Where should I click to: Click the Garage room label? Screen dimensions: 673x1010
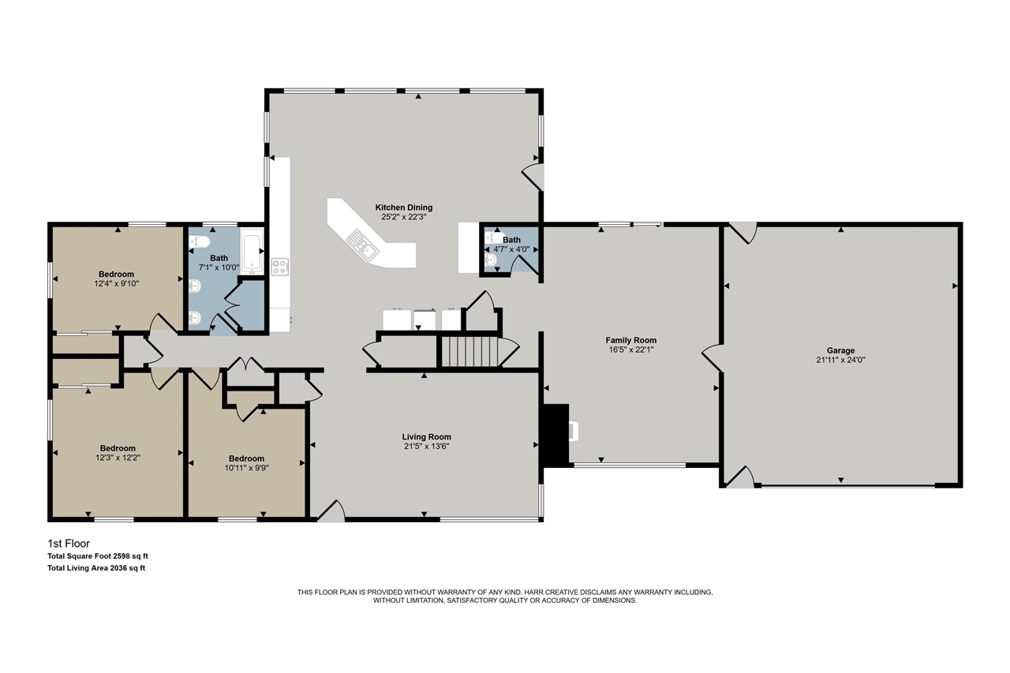840,350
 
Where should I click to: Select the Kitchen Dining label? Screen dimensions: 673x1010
403,208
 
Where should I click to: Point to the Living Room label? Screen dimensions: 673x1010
426,436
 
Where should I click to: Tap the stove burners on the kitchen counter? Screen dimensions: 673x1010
280,267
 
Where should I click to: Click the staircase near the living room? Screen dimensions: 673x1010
469,351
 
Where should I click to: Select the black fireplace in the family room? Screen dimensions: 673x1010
557,435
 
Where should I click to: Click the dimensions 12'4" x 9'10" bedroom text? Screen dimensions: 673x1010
116,284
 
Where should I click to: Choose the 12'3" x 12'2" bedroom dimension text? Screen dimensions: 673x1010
117,457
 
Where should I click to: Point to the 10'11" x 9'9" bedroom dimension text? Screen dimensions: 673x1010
246,467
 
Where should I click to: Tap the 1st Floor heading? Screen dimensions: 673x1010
69,544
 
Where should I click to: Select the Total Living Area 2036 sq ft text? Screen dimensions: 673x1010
96,567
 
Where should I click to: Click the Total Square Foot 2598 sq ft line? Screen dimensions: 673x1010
98,556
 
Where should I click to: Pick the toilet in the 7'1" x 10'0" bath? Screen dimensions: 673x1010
198,242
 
